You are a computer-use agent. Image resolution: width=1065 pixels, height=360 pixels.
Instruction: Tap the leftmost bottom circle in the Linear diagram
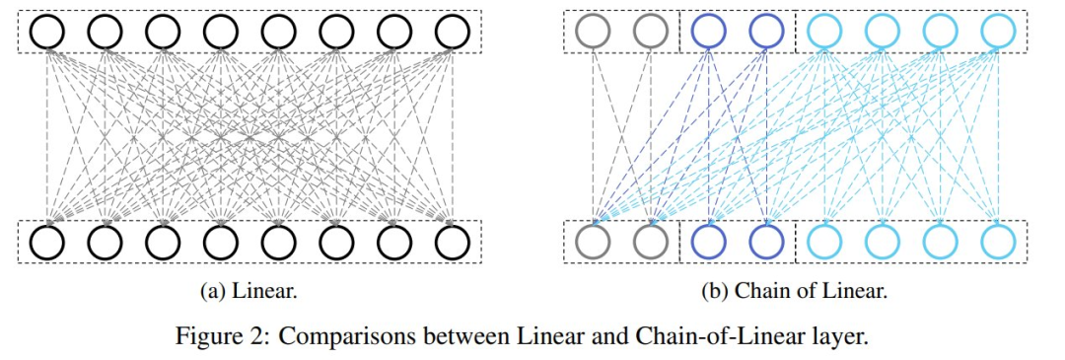click(47, 241)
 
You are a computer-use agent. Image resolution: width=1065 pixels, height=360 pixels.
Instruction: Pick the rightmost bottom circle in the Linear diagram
click(453, 241)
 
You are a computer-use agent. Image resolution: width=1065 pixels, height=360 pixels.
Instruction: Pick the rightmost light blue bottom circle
click(998, 241)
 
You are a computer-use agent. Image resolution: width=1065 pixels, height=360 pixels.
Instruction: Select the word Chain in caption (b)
click(755, 291)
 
